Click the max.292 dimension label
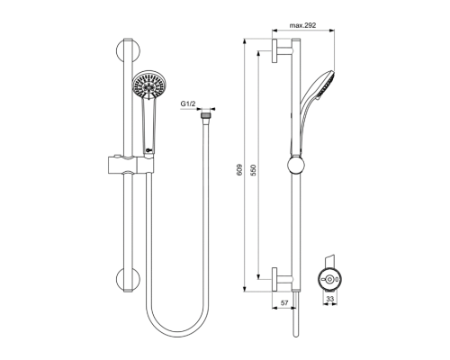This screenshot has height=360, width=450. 304,27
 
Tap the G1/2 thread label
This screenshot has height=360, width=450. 188,104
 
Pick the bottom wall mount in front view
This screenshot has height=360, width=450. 128,276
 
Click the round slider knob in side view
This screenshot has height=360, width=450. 294,164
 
